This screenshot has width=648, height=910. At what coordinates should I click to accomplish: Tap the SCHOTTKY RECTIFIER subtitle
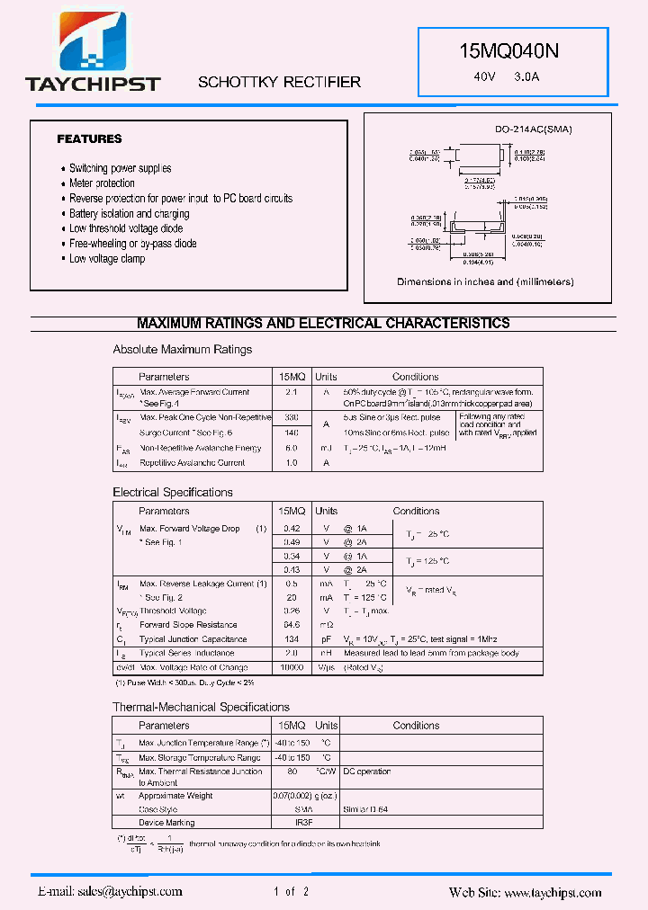(x=279, y=82)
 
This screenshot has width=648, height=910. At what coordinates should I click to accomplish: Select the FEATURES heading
(x=89, y=139)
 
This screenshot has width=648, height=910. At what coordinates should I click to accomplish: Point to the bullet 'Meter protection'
(x=102, y=183)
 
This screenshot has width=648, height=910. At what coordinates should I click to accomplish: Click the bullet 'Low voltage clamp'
(x=107, y=259)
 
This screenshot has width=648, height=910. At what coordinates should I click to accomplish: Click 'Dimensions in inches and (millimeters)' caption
(x=485, y=281)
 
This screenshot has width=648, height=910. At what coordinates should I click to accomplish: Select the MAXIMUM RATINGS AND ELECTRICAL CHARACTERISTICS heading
(x=323, y=324)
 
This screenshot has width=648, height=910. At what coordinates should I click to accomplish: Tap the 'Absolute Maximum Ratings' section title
(x=183, y=350)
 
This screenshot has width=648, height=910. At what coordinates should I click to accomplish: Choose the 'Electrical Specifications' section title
(x=173, y=493)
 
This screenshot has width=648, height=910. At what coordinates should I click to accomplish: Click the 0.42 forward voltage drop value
(x=292, y=529)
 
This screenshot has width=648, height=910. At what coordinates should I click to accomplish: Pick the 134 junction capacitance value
(x=292, y=638)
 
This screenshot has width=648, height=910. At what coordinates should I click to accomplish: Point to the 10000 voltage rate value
(x=292, y=667)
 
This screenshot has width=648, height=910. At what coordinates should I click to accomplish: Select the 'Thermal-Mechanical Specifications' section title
(x=201, y=708)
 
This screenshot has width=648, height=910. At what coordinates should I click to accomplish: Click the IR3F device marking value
(x=292, y=823)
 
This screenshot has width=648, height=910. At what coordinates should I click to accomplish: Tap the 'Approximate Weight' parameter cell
(x=175, y=796)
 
